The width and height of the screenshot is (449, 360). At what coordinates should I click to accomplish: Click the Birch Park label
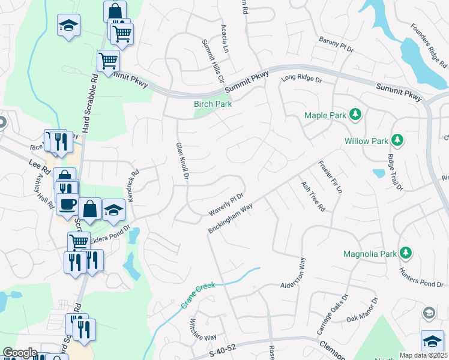tap(212, 104)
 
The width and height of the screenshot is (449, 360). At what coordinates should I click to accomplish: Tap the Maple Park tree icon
tap(355, 114)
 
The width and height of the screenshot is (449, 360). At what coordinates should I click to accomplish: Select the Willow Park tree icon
tap(397, 140)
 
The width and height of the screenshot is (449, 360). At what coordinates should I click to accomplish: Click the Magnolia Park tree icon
tap(406, 253)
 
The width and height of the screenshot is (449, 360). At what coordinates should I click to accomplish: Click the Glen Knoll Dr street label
tap(182, 161)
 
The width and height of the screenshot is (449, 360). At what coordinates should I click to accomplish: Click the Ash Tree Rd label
tap(313, 196)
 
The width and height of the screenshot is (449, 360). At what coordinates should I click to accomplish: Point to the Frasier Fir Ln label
tap(330, 176)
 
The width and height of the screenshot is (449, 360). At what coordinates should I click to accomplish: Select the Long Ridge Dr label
tap(301, 78)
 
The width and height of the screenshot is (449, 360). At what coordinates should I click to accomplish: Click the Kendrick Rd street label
tap(133, 184)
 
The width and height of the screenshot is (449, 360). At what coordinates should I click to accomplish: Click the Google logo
tap(20, 353)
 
